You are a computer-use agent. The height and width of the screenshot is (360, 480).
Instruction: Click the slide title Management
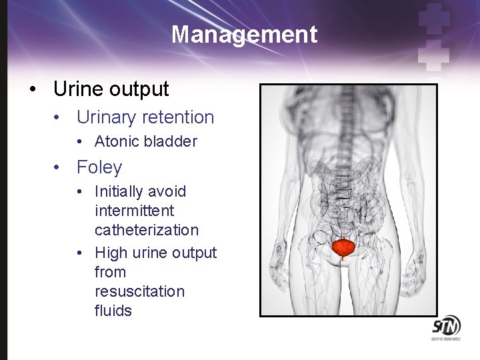pos(244,34)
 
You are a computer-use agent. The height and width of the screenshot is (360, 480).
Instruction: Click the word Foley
pos(99,167)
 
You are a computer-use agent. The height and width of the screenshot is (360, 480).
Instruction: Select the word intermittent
pos(134,211)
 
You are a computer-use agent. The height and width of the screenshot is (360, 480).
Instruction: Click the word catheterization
pos(147,231)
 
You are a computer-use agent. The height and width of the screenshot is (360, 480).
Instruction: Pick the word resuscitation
pos(139,292)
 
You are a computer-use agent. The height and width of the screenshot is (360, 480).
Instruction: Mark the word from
pos(110,273)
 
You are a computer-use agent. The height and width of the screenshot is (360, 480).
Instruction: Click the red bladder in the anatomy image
pos(344,248)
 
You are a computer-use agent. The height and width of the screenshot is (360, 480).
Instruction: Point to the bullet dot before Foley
pos(59,167)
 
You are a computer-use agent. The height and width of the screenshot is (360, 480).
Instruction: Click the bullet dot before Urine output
pos(33,89)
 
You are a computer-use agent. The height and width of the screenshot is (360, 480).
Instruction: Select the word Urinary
pos(109,117)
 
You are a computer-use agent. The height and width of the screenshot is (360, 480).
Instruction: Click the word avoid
pos(168,192)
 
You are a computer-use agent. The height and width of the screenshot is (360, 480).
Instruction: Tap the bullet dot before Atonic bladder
pos(79,142)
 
